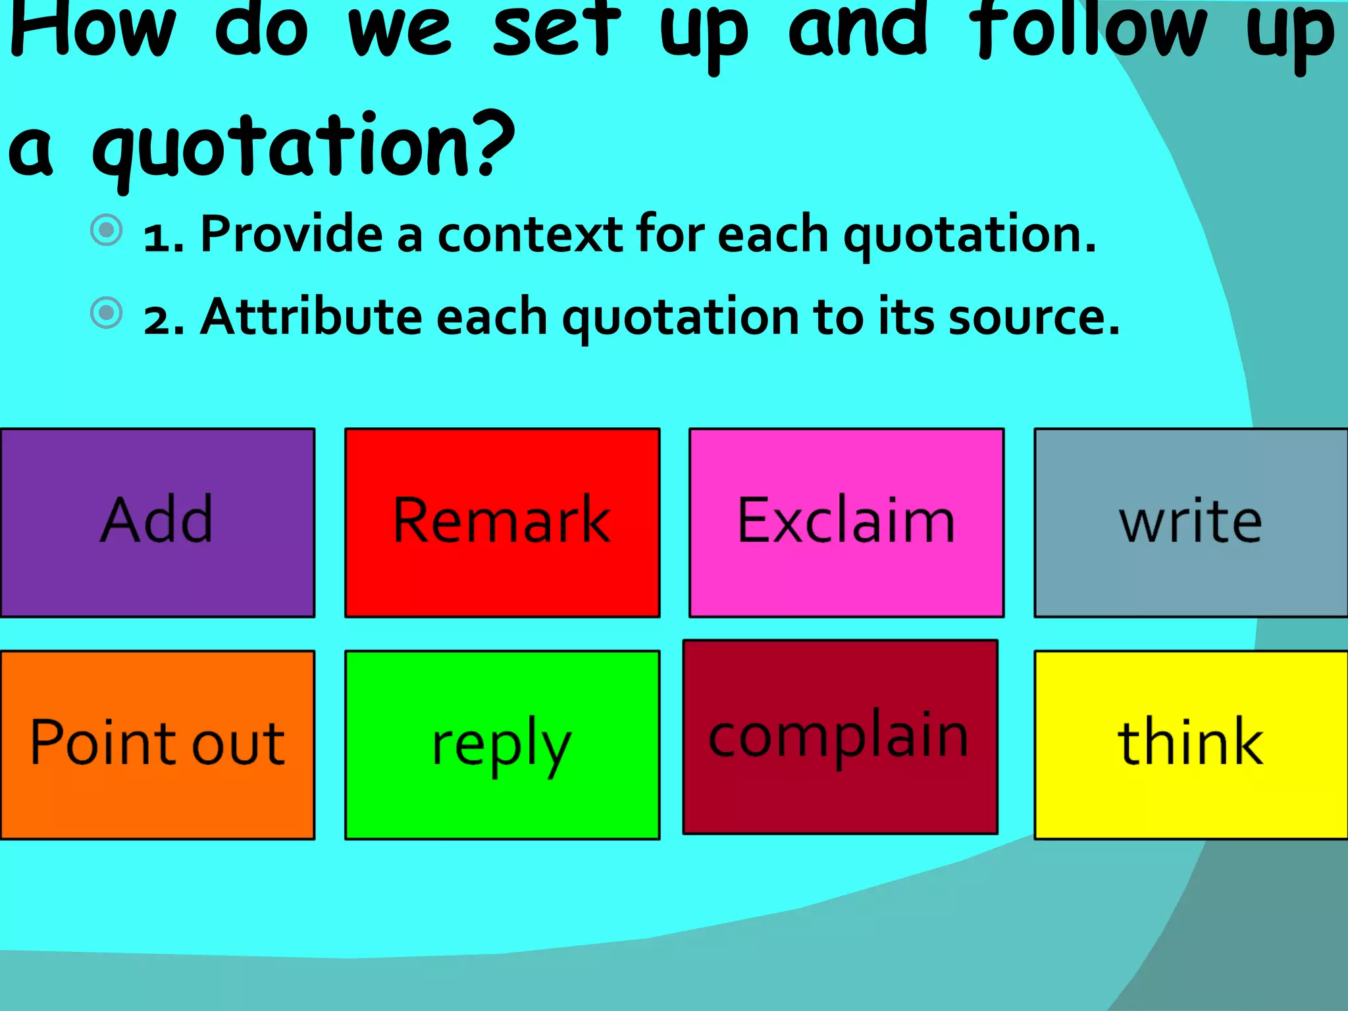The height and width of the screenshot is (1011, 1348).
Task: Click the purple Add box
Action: [157, 523]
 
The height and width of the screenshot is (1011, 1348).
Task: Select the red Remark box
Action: [502, 523]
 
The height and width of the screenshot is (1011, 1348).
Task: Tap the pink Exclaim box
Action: [846, 523]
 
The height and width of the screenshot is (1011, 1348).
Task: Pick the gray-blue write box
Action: [1191, 523]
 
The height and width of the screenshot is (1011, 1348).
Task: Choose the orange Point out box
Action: [157, 744]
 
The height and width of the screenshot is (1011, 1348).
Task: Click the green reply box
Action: [502, 744]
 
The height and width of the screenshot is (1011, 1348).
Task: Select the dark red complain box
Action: [840, 737]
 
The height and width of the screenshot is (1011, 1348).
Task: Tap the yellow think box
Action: [1191, 744]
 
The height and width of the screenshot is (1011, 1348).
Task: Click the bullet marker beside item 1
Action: [107, 230]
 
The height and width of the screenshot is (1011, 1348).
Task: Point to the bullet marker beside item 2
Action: [107, 313]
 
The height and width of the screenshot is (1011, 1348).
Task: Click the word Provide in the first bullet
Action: [292, 234]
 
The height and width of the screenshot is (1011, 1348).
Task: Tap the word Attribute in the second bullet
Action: [311, 317]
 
